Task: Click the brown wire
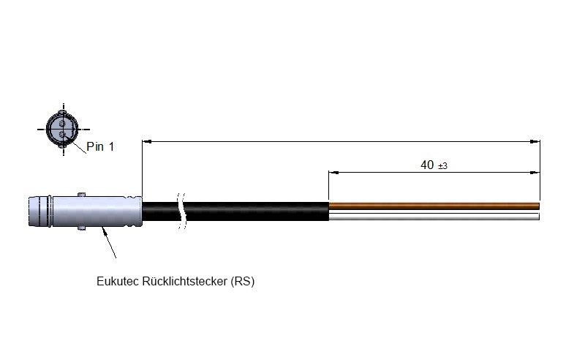tap(434, 206)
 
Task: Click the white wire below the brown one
tap(434, 217)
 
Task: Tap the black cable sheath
tap(235, 211)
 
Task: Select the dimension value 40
tap(427, 165)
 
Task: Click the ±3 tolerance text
tap(442, 166)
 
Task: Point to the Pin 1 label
tap(100, 146)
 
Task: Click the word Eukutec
tap(118, 281)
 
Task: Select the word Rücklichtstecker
tap(184, 281)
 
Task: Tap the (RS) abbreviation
tap(243, 281)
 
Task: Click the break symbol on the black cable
tap(182, 211)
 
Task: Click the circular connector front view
tap(62, 130)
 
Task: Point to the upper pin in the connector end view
tap(62, 124)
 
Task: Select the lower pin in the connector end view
tap(62, 135)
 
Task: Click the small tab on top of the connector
tap(81, 194)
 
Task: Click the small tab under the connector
tap(81, 228)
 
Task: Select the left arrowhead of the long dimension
tap(147, 141)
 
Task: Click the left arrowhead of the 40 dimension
tap(333, 173)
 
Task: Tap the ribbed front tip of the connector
tap(40, 211)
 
